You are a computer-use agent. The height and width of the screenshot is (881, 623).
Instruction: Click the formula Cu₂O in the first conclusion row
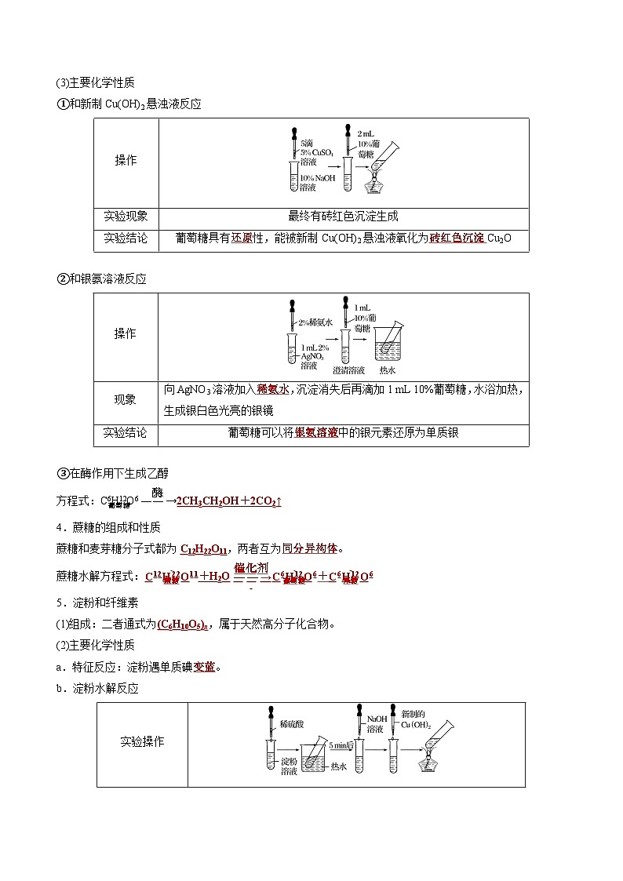[499, 238]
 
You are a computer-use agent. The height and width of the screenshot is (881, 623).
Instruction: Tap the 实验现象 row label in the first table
[126, 216]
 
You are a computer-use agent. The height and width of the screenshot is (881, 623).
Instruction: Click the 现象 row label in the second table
[126, 399]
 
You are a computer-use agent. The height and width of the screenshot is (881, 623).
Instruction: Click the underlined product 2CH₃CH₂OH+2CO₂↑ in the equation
[228, 501]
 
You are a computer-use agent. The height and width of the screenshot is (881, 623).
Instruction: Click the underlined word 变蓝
[205, 667]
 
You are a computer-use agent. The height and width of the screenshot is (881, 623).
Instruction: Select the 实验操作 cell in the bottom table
[143, 741]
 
